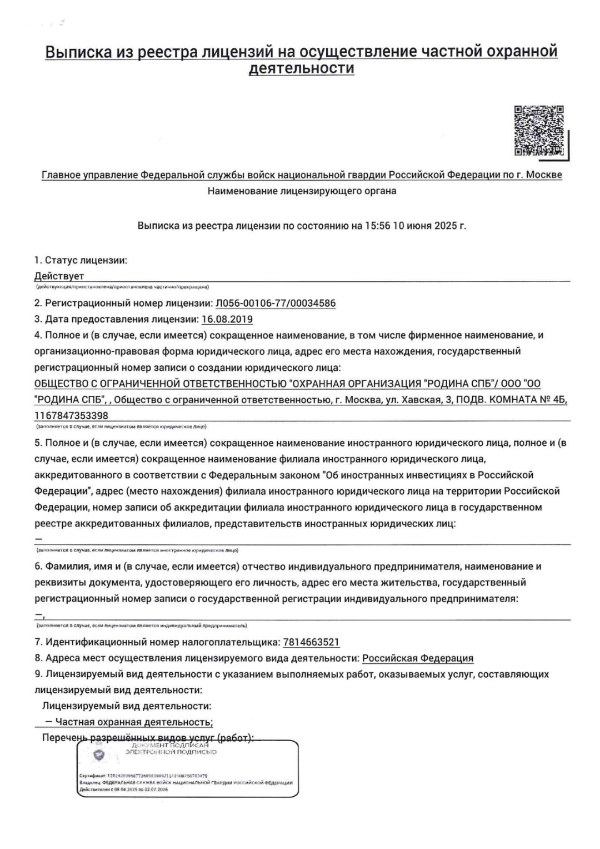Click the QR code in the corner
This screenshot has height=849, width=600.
tap(538, 130)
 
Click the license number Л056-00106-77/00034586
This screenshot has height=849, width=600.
tap(275, 303)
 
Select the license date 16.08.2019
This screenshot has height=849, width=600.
tap(227, 319)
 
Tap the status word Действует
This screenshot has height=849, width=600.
tap(59, 276)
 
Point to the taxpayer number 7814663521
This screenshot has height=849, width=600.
tap(311, 642)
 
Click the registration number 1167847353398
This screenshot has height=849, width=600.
tap(71, 415)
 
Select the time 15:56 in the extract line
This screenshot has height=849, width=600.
tap(377, 226)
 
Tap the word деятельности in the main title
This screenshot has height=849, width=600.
tap(301, 68)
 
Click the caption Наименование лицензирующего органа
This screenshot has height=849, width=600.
tap(302, 191)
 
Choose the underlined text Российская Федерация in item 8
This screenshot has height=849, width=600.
tap(418, 658)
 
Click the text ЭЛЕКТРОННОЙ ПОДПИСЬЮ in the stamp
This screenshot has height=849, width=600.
tap(171, 752)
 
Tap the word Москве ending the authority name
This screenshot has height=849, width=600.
tap(543, 175)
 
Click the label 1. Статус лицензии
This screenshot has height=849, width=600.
tap(81, 260)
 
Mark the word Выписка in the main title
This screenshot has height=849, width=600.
tap(78, 52)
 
